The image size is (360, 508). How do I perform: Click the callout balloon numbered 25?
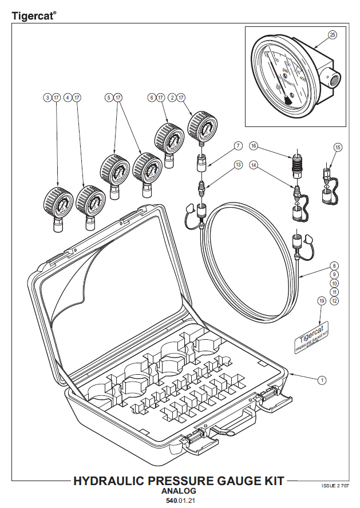pos(333,35)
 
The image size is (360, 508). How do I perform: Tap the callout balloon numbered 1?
pos(322,379)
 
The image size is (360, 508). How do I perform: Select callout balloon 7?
pos(238,147)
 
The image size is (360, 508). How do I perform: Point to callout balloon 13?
pos(238,165)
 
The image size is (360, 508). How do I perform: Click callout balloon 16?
pos(254,147)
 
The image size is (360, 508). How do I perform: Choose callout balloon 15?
pos(338,148)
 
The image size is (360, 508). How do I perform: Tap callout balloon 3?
pos(47,98)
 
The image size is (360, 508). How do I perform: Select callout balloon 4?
pos(68,98)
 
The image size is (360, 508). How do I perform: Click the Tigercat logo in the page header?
pos(34,17)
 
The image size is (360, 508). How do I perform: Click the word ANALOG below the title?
pos(179,491)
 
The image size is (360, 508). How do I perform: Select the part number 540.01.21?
pos(179,501)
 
